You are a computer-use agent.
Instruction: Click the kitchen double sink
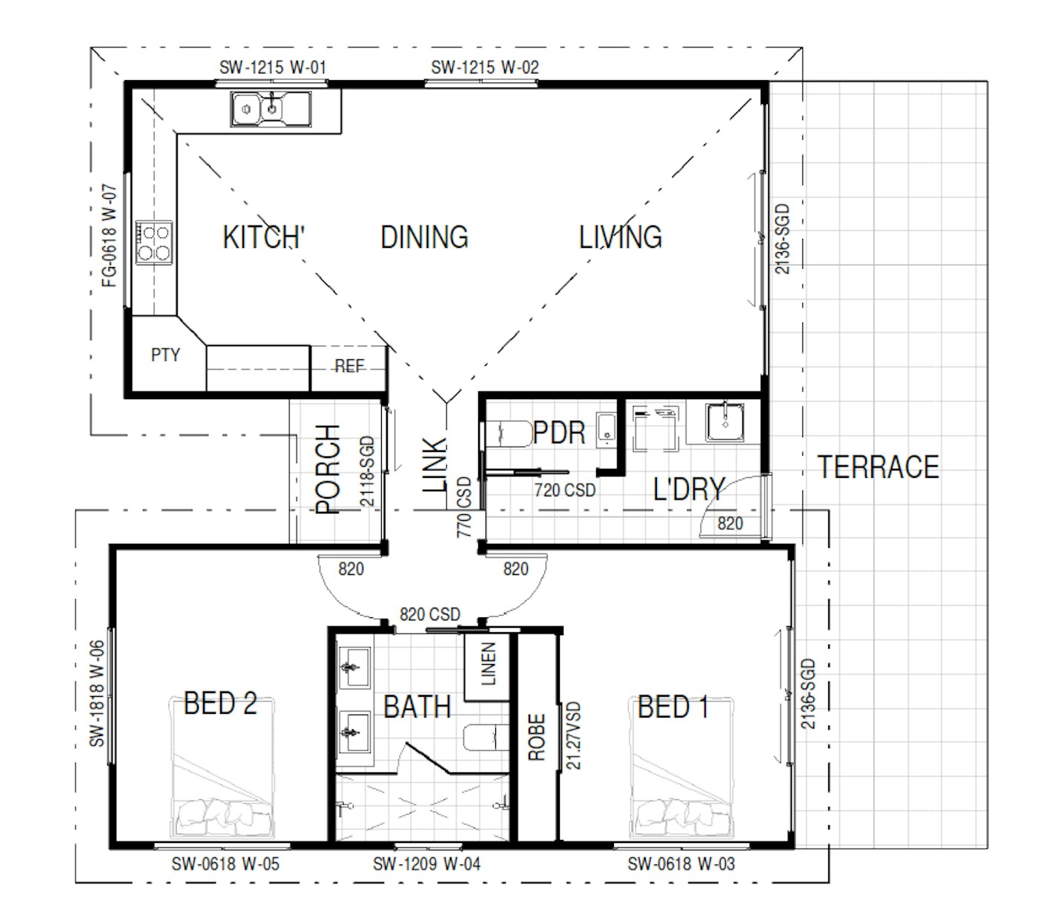(271, 108)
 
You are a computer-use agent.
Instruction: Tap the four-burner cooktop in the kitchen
(153, 243)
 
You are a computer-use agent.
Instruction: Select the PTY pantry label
(165, 355)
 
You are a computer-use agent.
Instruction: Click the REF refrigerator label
(349, 366)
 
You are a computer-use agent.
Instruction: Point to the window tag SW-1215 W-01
(272, 68)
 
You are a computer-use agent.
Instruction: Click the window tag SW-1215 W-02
(485, 68)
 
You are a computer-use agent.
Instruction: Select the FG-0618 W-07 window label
(110, 236)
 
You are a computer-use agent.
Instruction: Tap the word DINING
(424, 237)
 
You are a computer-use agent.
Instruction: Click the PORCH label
(327, 470)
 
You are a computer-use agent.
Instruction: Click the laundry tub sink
(725, 422)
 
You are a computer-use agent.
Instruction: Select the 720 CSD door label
(565, 490)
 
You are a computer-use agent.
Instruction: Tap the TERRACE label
(878, 467)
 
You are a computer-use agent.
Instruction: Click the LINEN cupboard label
(488, 664)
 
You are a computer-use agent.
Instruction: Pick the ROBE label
(537, 738)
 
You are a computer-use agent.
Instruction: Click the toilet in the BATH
(486, 738)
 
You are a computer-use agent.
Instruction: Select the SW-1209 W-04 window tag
(426, 864)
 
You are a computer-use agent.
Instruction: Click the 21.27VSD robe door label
(573, 736)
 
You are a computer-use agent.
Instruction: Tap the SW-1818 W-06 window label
(97, 693)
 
